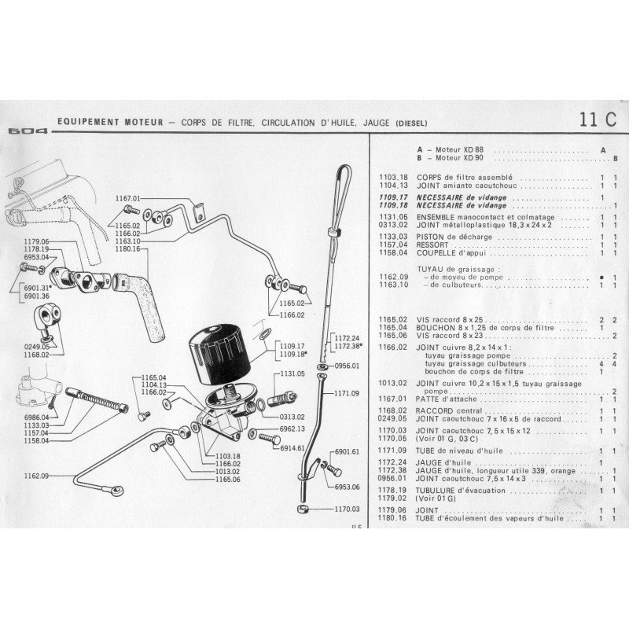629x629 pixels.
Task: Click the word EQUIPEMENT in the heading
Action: coord(87,123)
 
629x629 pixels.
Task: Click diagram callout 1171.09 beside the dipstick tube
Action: coord(345,393)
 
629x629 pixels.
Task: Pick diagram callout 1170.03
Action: coord(345,509)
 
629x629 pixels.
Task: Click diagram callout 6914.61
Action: coord(293,447)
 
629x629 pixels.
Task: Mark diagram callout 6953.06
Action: coord(345,487)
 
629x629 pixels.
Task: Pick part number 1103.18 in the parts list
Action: coord(395,177)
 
